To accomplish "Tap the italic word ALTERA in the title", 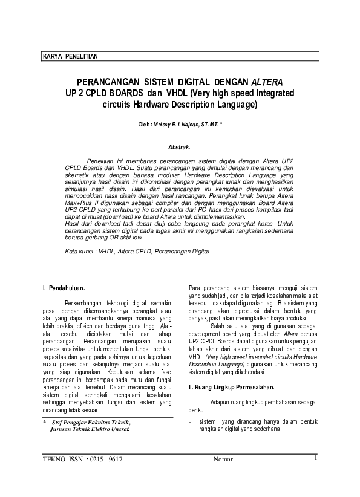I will click(266, 82).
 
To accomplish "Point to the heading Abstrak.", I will click(179, 146).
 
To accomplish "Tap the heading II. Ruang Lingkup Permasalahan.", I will click(231, 386).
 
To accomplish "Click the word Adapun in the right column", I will click(222, 401).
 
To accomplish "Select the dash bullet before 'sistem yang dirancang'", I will click(191, 421).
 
